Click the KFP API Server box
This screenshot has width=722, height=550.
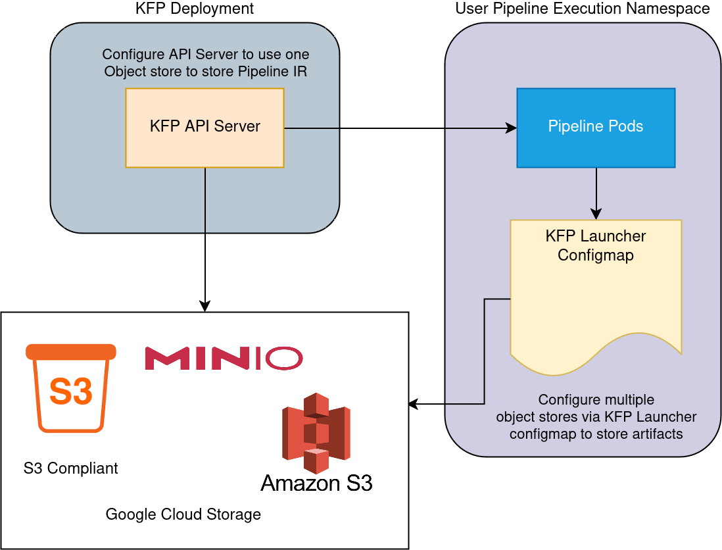[x=205, y=128]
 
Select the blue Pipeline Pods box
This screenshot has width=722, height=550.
[x=596, y=128]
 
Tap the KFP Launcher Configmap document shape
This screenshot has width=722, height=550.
[x=596, y=296]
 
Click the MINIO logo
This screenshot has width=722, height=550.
[x=224, y=358]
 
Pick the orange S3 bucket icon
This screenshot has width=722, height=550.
[x=71, y=387]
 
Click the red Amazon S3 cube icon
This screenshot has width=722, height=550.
[x=316, y=433]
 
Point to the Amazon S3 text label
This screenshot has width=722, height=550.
[x=316, y=484]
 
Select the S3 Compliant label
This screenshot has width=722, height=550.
[x=71, y=468]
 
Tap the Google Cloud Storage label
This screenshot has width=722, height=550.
[x=183, y=514]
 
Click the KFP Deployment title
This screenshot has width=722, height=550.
[x=194, y=9]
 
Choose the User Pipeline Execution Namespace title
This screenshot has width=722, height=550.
[x=583, y=9]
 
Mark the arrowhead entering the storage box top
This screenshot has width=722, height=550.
[x=205, y=307]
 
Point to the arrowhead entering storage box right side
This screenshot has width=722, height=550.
[x=414, y=404]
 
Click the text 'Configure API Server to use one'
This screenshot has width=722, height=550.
[x=206, y=54]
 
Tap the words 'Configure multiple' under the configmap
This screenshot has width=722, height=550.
[x=596, y=400]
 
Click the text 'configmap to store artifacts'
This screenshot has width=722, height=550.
[x=596, y=434]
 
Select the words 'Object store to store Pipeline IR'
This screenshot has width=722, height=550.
[x=206, y=71]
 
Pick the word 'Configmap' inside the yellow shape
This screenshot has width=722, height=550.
[x=596, y=255]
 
